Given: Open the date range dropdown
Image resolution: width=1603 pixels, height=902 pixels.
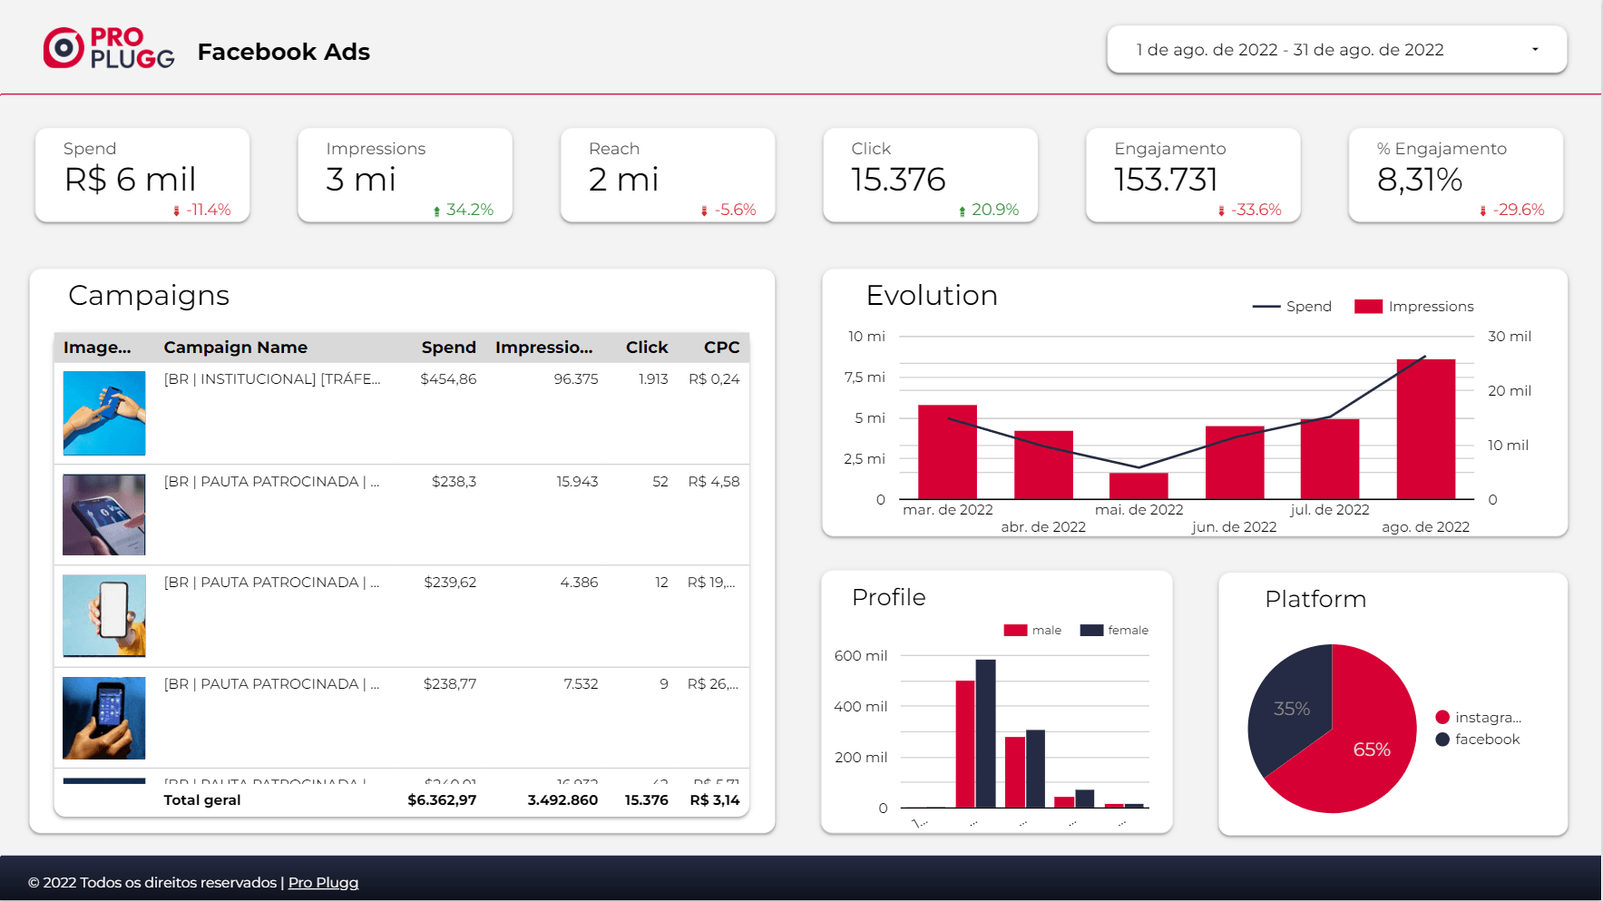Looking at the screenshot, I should [1335, 50].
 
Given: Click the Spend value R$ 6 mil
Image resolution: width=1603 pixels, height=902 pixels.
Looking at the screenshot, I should [130, 180].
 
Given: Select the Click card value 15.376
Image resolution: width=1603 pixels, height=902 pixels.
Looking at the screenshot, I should [898, 180].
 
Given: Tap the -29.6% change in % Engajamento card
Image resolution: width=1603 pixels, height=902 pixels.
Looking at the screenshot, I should [1518, 210].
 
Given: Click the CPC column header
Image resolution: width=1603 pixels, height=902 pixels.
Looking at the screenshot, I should [721, 348].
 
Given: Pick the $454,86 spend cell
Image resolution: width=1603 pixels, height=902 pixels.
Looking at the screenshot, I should [448, 379].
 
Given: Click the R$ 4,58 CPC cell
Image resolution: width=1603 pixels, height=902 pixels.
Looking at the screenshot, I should [713, 482].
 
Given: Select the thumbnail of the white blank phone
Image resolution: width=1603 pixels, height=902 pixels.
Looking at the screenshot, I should [104, 616].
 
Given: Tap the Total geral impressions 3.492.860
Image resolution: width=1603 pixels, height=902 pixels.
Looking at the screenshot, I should [562, 800].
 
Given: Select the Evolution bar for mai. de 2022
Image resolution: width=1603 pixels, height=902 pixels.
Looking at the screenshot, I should [1139, 485].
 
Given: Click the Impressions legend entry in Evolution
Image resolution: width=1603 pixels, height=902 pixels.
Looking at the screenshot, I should [1414, 307].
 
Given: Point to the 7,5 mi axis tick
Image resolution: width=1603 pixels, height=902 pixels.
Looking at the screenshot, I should [865, 377].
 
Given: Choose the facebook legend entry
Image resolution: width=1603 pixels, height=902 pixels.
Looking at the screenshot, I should [1478, 740].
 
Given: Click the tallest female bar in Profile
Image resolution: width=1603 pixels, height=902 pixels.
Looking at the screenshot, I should [985, 733].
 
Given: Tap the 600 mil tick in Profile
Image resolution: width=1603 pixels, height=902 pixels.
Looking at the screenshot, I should [861, 656].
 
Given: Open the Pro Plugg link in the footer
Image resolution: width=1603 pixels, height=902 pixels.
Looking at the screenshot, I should [323, 883].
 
